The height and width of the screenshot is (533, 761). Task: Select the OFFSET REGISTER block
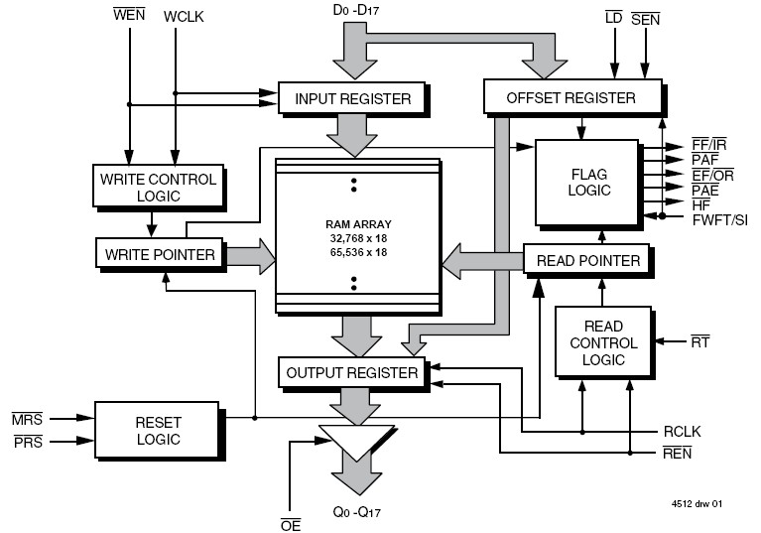click(x=571, y=97)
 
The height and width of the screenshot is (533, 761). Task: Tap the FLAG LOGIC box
click(x=588, y=182)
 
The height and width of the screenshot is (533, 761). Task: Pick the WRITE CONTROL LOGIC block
click(x=157, y=188)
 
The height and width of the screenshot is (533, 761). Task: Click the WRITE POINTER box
click(x=159, y=254)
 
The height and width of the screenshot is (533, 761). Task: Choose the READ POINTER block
click(x=587, y=260)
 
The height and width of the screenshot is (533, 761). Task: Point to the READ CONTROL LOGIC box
click(x=603, y=342)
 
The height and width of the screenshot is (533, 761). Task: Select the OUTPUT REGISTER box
click(x=351, y=372)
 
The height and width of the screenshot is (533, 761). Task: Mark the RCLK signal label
click(x=683, y=433)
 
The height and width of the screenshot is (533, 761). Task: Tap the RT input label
click(x=699, y=342)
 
